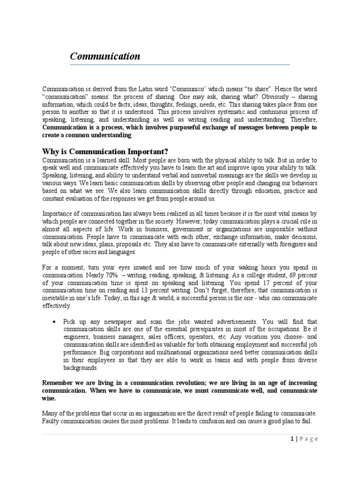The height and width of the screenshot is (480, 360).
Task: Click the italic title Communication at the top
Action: click(x=105, y=57)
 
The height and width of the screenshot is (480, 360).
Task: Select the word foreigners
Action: click(x=291, y=244)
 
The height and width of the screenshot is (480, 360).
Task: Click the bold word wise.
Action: click(x=48, y=398)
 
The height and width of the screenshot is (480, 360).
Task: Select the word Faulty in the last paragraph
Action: click(x=51, y=421)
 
